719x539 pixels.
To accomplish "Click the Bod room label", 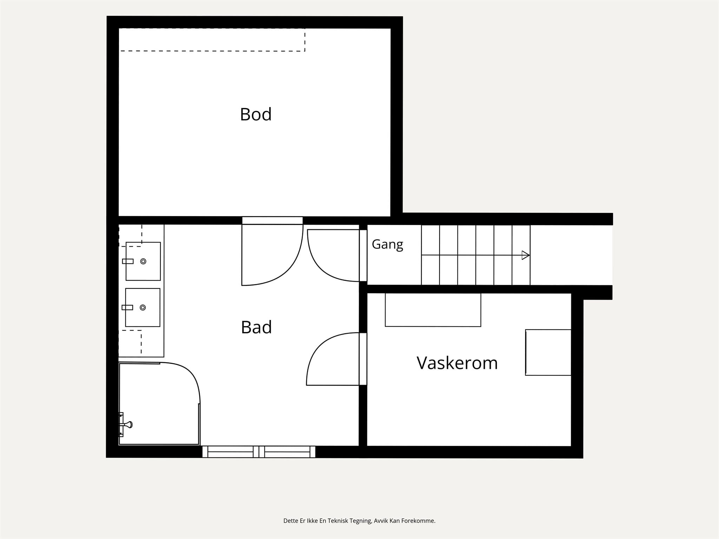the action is [x=256, y=114].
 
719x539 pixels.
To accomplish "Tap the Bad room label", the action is [x=256, y=327].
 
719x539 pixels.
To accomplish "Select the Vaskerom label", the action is [x=457, y=363].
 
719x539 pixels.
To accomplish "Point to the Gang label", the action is [x=387, y=244].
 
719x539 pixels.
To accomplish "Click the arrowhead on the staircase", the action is [x=526, y=255].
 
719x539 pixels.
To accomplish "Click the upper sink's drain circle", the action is [x=143, y=261].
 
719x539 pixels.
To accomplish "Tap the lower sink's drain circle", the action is [x=143, y=307].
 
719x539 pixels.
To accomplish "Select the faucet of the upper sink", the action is [x=128, y=261].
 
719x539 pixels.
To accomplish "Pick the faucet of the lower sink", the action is [x=127, y=307].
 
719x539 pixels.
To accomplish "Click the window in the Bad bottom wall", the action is [x=259, y=452].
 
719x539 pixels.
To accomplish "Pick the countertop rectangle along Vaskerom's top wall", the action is [x=433, y=310].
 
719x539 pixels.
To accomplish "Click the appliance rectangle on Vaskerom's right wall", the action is [x=548, y=352].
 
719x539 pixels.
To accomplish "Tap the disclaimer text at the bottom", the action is [x=359, y=520].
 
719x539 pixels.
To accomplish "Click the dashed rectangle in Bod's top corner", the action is [x=212, y=40].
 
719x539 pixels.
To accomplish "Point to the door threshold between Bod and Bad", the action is [x=272, y=220].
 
